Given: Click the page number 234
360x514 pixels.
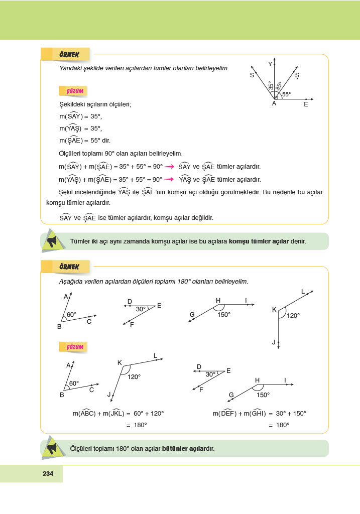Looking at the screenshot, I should click(48, 473).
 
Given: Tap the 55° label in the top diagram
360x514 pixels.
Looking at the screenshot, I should click(286, 94).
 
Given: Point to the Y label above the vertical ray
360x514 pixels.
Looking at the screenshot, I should click(270, 64).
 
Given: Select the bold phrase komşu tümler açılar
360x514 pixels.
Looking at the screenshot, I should click(259, 241).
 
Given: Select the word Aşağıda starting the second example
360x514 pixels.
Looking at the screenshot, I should click(71, 282).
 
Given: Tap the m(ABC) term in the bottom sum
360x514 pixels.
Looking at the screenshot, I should click(84, 414).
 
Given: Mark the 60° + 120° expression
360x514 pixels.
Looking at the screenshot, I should click(149, 414).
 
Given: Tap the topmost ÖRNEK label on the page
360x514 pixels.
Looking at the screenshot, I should click(72, 54).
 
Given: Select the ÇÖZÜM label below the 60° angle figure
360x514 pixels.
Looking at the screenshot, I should click(72, 347).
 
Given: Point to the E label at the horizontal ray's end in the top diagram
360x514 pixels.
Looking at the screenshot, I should click(306, 105).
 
